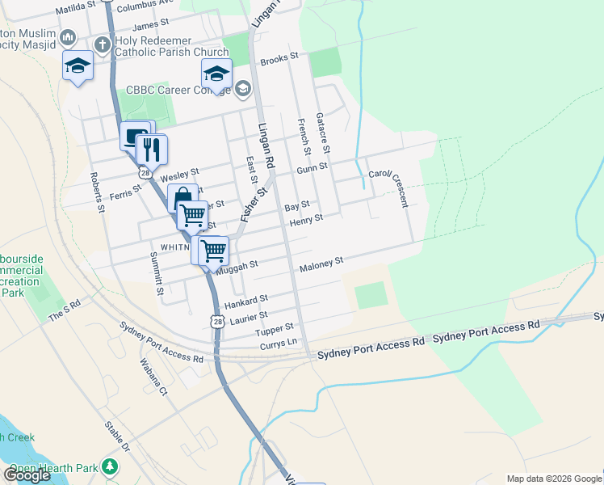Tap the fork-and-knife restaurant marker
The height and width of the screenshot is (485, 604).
151,150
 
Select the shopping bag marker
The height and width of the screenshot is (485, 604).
182,199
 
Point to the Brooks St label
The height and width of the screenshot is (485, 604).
280,58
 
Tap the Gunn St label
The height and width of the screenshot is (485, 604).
311,168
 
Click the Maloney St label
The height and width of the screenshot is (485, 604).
321,262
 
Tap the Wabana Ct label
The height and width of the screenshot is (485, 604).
152,377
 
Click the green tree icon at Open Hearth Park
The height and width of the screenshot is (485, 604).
110,467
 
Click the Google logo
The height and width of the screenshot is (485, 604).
27,475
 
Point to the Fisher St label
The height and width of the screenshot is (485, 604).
253,202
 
